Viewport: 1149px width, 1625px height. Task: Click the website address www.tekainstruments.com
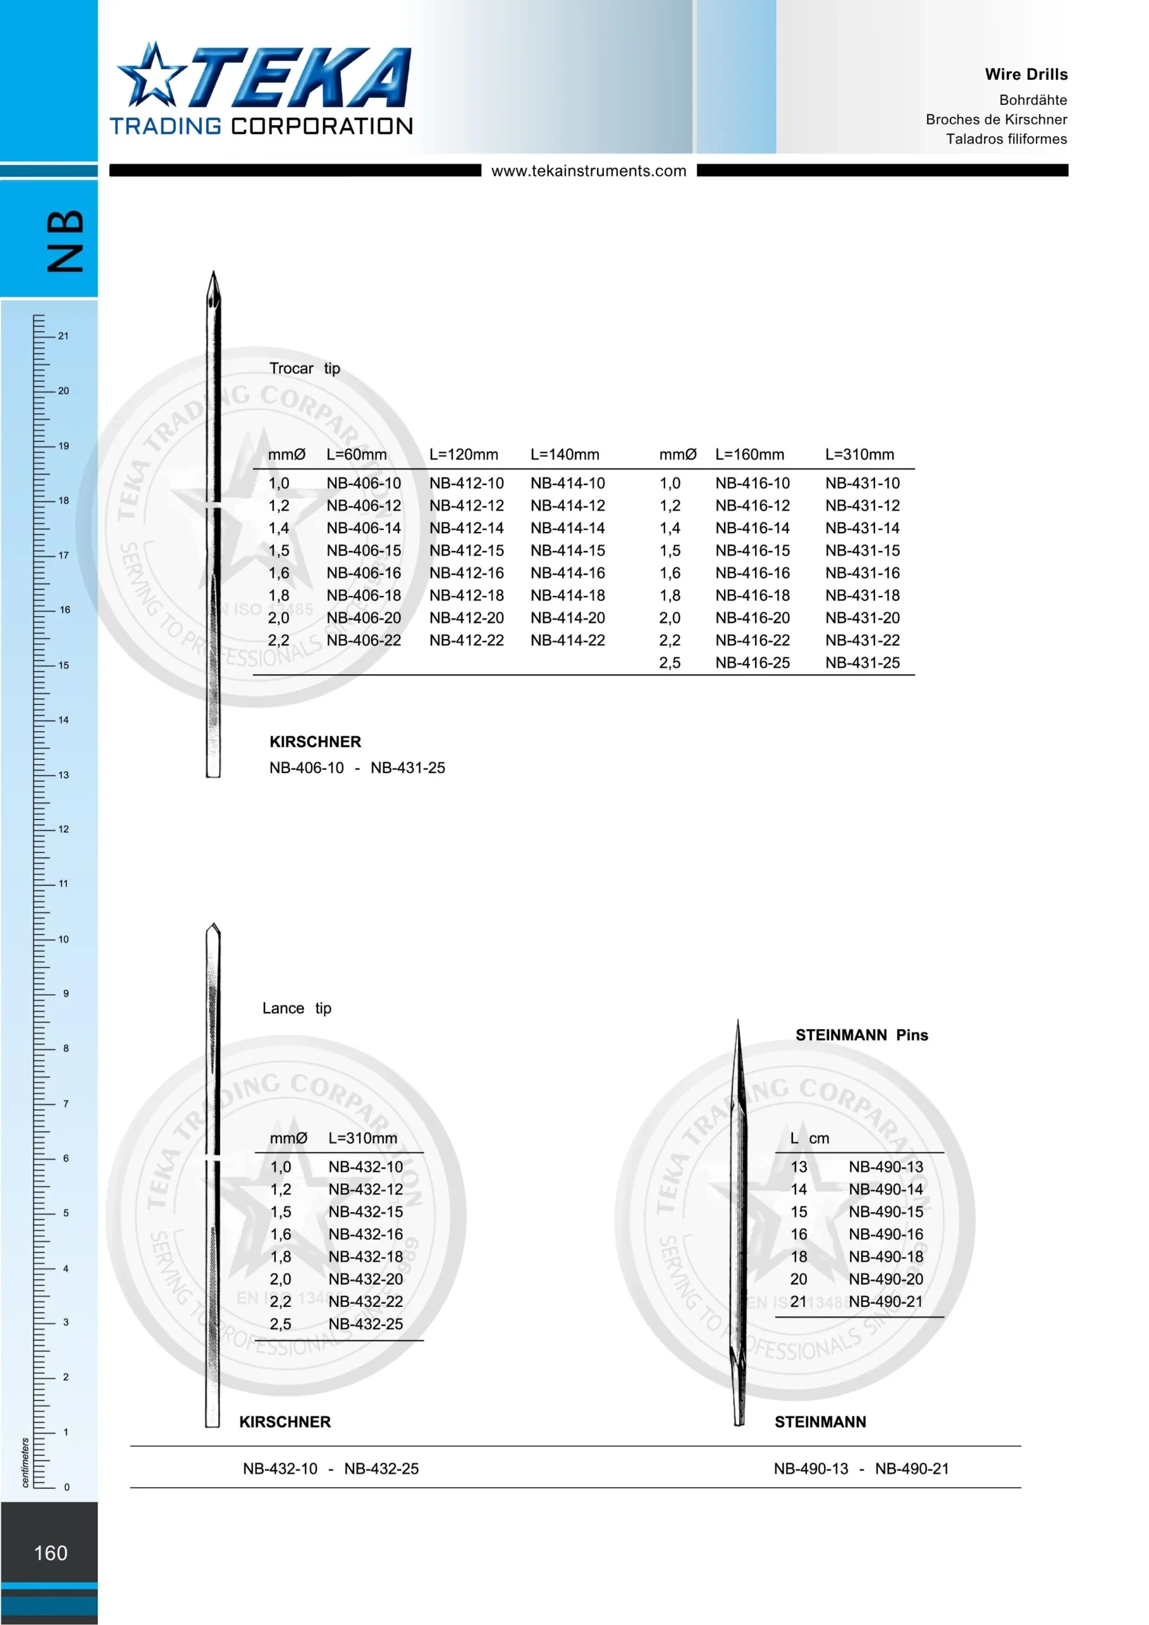[589, 171]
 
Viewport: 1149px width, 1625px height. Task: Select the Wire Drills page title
[1026, 74]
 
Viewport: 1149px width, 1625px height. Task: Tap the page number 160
[51, 1553]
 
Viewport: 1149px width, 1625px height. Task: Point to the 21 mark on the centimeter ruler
[63, 336]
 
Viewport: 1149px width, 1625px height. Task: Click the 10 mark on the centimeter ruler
[63, 939]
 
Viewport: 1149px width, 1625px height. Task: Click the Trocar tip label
[305, 369]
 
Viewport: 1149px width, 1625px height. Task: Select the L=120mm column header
[463, 454]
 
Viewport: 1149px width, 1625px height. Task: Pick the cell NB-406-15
[364, 550]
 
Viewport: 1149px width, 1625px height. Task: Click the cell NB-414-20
[568, 618]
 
